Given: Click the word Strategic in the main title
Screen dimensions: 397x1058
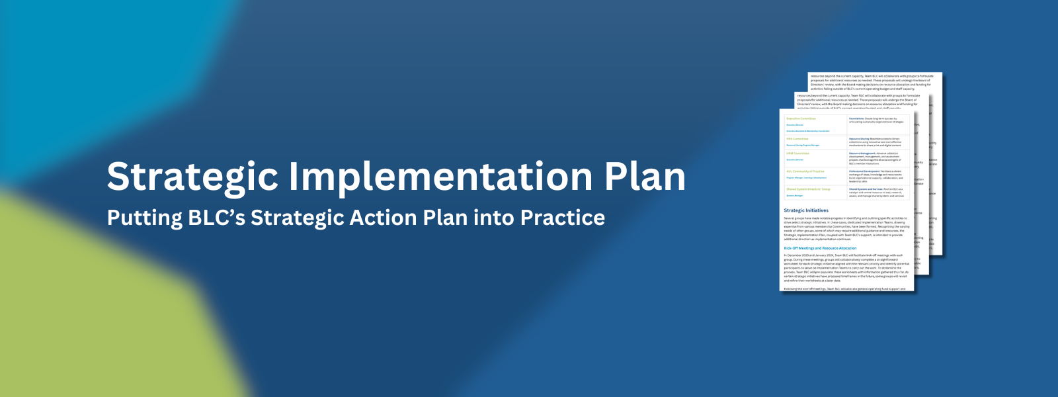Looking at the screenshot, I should coord(192,177).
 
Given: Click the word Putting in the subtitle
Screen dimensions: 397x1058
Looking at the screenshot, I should coord(145,218).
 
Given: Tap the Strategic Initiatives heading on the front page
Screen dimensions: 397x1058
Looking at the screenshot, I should coord(806,210).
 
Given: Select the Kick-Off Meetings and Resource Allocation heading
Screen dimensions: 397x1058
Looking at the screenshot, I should coord(820,248).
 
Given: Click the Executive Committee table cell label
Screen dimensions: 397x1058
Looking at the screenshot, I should coord(801,118).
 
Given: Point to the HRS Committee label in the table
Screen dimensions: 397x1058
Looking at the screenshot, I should coord(797,139).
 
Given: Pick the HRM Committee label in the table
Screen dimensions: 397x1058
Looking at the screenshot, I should coord(797,154).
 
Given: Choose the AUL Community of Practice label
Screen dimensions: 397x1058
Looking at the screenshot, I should coord(805,171).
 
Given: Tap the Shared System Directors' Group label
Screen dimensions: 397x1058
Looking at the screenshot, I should coord(808,189).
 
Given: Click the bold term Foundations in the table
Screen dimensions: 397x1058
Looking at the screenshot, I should coord(856,118).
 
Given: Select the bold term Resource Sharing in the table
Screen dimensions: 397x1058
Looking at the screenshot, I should coord(859,139).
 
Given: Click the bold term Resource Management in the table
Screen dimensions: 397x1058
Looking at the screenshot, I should coord(862,154).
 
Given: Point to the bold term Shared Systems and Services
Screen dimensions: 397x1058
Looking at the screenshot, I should coord(866,189).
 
